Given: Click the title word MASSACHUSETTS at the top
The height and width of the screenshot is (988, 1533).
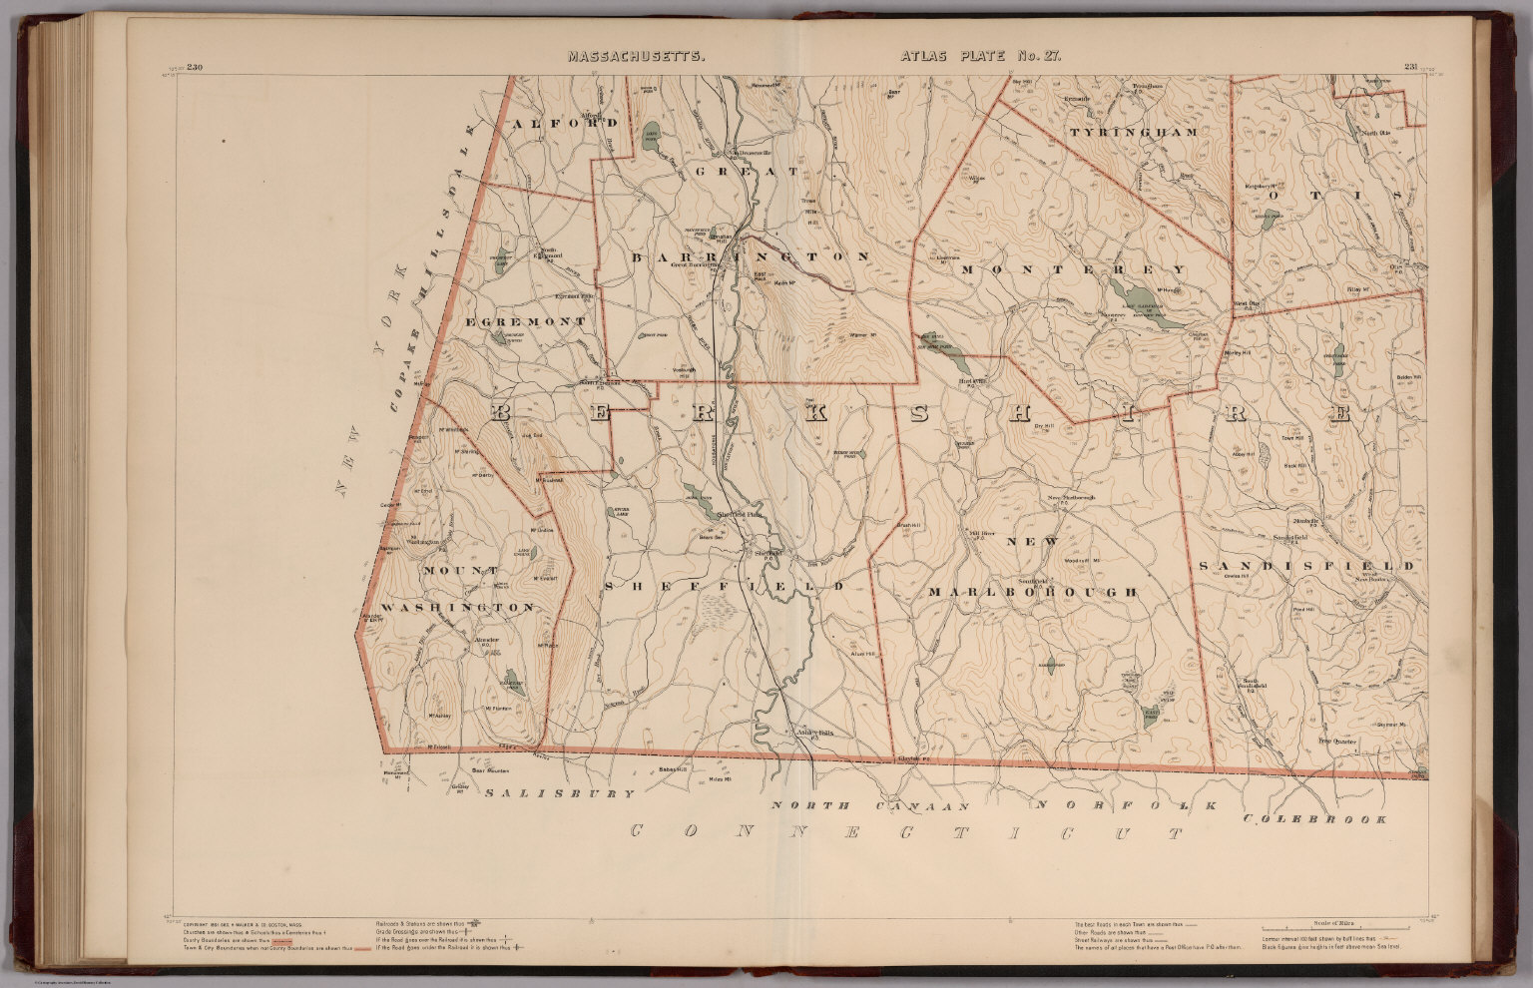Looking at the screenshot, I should [637, 57].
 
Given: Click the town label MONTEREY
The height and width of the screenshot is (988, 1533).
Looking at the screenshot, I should [1074, 269].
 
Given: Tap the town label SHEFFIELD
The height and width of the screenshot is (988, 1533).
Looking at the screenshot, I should [731, 586].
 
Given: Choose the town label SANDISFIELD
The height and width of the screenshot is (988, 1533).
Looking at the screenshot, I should [1306, 566].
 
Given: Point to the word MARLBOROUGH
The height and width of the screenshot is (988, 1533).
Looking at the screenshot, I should [1032, 592].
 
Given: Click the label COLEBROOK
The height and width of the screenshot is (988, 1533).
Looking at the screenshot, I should [1314, 819].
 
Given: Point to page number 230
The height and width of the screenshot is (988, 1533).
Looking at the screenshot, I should [194, 68].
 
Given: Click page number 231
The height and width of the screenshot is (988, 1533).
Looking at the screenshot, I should [1410, 68].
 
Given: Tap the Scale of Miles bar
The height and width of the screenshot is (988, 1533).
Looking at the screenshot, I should [1336, 921].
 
